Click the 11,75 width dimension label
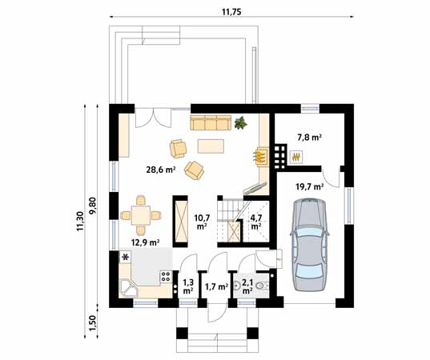coord(231,12)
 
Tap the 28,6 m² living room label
coord(161,170)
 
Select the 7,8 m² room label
coord(310,137)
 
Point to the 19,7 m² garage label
coord(309,187)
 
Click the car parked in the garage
coord(310,245)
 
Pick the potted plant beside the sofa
coord(240,122)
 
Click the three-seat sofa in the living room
coord(211,122)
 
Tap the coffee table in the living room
coord(211,146)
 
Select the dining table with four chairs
coord(141,215)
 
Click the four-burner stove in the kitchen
coord(167,276)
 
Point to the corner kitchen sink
coord(129,288)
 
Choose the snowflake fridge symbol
coord(126,257)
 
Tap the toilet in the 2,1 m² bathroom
coord(262,286)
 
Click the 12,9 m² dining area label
coord(146,242)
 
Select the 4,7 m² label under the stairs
coord(256,222)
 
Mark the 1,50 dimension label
coord(94,322)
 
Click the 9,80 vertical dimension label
coord(93,206)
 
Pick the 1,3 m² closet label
coord(187,286)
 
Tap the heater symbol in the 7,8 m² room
coord(296,158)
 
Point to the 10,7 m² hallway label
coord(202,222)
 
